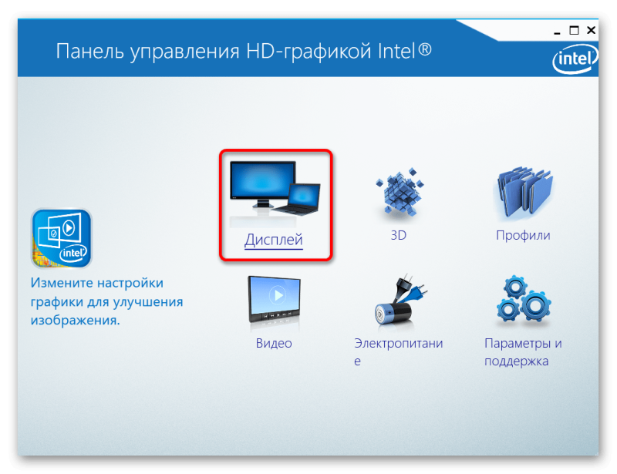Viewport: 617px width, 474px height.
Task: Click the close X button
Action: coord(591,30)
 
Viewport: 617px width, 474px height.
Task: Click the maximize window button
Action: coord(574,30)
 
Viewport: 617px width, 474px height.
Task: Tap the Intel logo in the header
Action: coord(575,59)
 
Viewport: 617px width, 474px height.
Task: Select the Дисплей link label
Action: coord(274,240)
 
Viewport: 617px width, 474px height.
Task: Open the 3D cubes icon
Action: coord(399,192)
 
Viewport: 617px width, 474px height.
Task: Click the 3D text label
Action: coord(398,235)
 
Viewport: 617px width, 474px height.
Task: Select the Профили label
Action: coord(523,235)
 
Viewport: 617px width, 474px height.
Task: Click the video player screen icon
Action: coord(274,299)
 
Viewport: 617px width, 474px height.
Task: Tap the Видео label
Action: coord(274,343)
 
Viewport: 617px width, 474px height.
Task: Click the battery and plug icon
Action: coord(399,300)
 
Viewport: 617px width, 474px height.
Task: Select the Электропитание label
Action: coord(398,351)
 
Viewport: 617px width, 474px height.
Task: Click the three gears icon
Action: coord(523,300)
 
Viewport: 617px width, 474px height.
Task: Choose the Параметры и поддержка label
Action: coord(523,351)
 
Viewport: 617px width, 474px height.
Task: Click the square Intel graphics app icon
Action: coord(62,238)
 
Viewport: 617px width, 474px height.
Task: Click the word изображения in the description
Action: coord(75,321)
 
